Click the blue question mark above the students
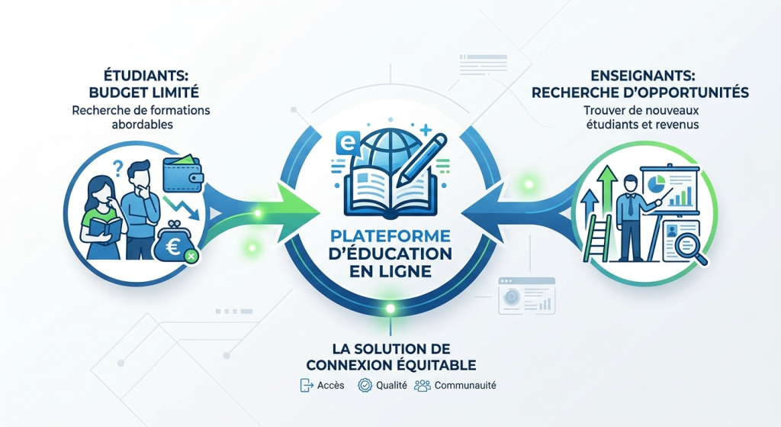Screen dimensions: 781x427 pyautogui.click(x=118, y=167)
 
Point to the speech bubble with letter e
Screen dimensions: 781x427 pyautogui.click(x=348, y=144)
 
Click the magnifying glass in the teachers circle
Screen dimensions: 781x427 pyautogui.click(x=691, y=247)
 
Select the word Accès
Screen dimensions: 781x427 pyautogui.click(x=331, y=386)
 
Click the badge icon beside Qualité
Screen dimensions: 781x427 pyautogui.click(x=365, y=386)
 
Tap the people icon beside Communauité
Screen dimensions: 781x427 pyautogui.click(x=422, y=386)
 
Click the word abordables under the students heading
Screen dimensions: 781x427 pyautogui.click(x=142, y=125)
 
